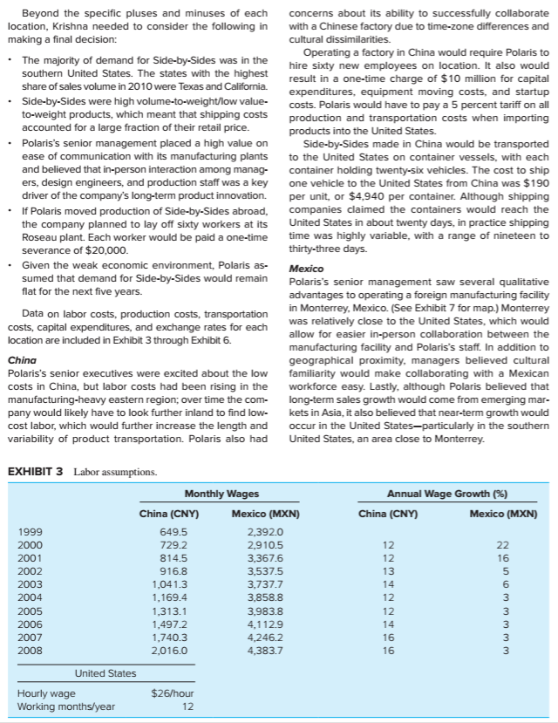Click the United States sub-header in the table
pyautogui.click(x=105, y=673)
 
